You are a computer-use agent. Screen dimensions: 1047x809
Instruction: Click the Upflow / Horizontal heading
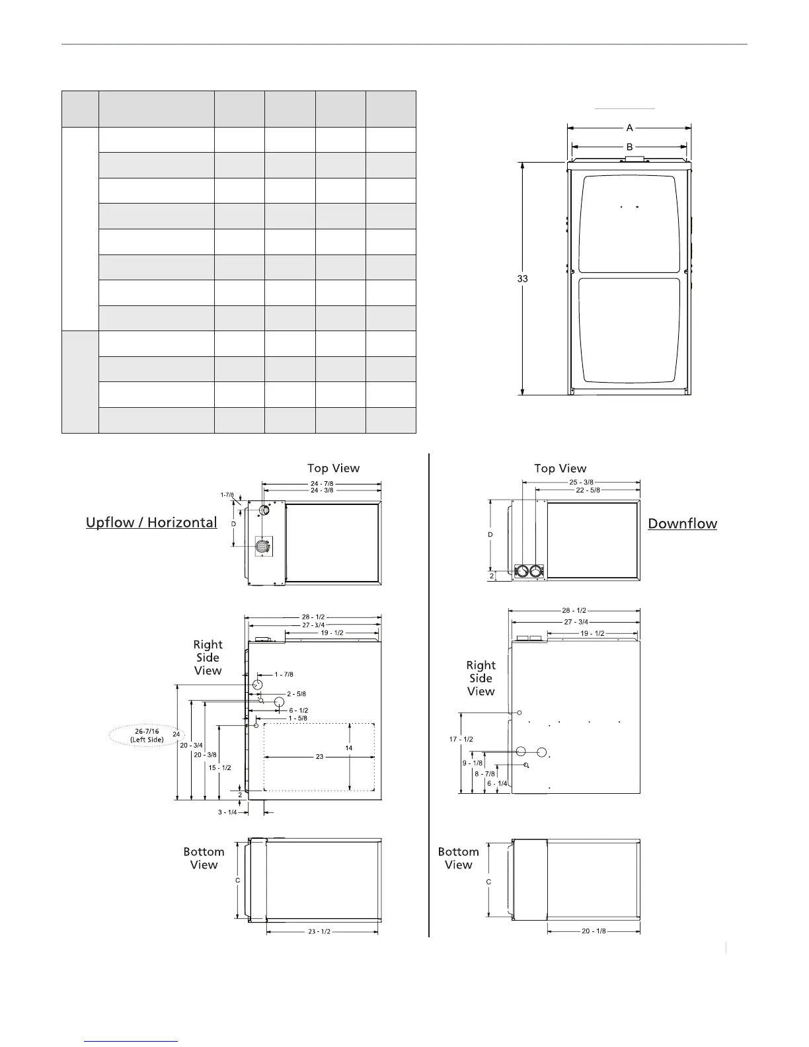tap(151, 523)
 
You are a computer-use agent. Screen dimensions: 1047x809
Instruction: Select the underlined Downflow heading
tap(682, 523)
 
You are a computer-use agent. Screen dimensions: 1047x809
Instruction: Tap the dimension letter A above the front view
tap(629, 128)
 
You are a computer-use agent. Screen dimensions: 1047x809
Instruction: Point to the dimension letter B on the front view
tap(629, 146)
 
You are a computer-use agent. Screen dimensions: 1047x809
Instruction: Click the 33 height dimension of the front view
tap(522, 279)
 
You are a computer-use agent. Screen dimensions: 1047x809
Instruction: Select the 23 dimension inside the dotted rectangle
tap(319, 756)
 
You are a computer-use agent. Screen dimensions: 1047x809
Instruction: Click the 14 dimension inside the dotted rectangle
tap(349, 747)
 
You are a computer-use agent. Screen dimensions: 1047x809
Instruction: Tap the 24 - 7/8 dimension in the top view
tap(322, 483)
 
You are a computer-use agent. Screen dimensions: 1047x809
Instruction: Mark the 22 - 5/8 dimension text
tap(586, 490)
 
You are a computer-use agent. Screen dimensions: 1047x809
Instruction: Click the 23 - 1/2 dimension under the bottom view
tap(319, 931)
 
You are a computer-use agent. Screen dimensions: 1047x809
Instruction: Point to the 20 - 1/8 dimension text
tap(594, 931)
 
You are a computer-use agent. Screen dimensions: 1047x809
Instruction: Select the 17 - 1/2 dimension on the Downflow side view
tap(461, 739)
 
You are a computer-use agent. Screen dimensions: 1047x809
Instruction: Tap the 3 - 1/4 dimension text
tap(227, 812)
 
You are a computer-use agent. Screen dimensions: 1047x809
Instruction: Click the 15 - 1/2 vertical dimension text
tap(219, 767)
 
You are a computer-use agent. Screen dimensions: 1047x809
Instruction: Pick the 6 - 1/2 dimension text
tap(299, 711)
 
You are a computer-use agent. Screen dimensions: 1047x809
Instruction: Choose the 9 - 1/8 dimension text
tap(473, 763)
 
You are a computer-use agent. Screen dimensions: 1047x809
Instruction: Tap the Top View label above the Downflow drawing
tap(560, 469)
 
